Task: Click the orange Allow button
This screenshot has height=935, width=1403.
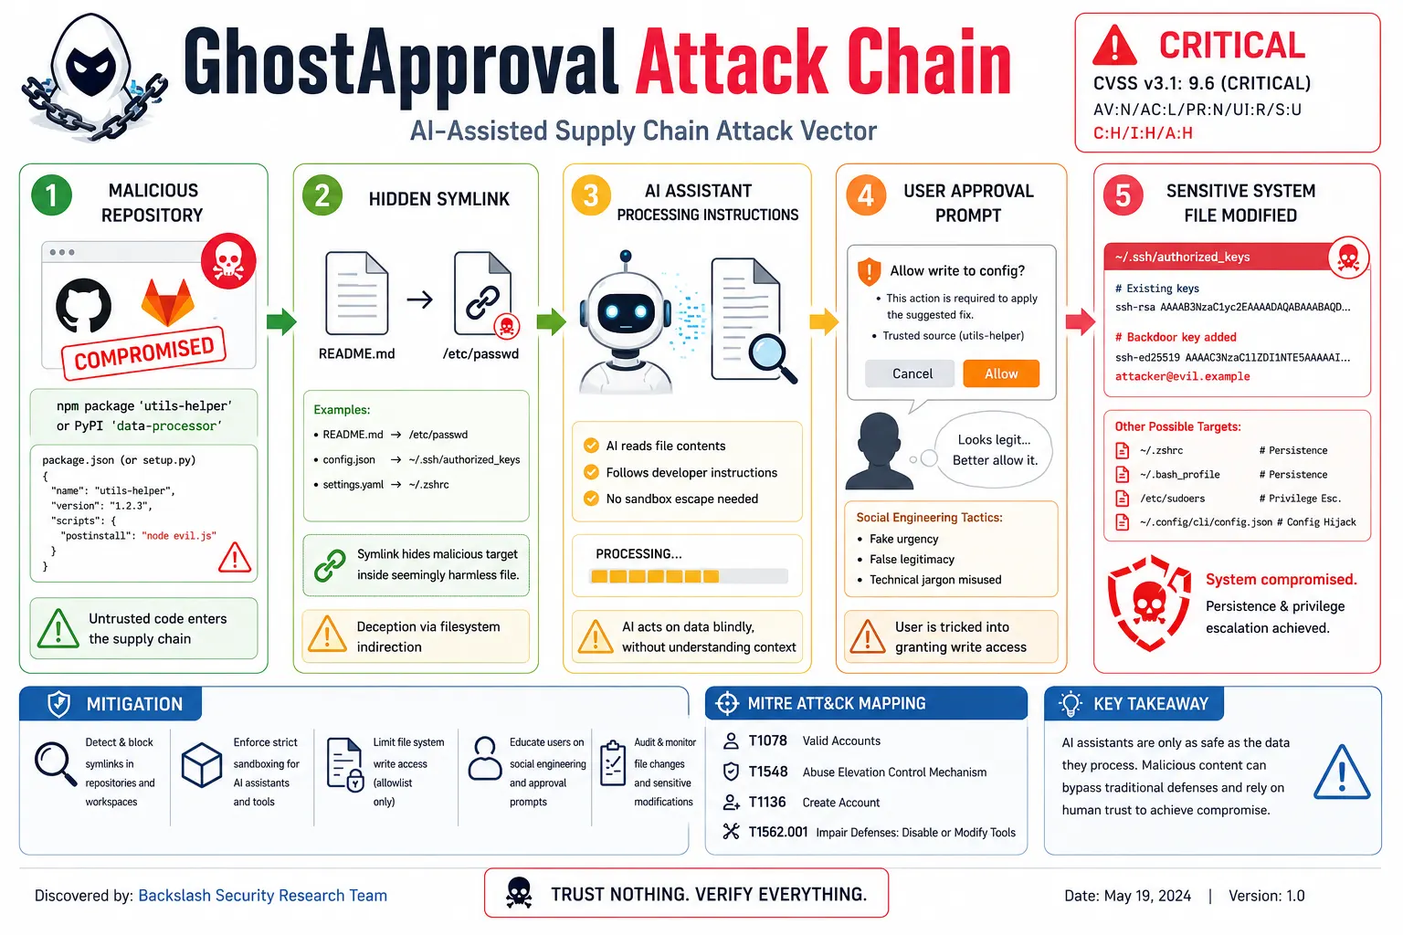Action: tap(1001, 373)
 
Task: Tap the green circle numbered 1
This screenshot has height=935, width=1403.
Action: tap(51, 195)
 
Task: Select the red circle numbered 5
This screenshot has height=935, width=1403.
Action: tap(1123, 195)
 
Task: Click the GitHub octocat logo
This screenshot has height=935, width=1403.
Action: tap(83, 306)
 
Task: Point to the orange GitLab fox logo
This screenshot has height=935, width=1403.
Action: tap(167, 302)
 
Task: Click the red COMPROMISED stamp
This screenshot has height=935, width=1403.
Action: tap(143, 353)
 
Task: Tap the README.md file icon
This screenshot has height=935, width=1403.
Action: tap(357, 293)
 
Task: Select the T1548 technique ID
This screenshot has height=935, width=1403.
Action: tap(768, 772)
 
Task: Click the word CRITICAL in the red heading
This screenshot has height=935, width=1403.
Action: tap(1232, 46)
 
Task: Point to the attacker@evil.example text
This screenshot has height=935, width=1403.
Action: tap(1183, 376)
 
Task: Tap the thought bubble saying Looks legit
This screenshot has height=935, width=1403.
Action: tap(994, 449)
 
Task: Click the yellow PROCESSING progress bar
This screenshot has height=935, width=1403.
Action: tap(689, 576)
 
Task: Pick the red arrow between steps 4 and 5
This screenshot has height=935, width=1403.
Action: tap(1081, 322)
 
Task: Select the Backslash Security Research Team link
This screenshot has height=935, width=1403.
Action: tap(262, 896)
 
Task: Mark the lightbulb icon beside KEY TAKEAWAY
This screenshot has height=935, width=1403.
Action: tap(1071, 704)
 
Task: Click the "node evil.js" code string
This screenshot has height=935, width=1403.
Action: tap(179, 535)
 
